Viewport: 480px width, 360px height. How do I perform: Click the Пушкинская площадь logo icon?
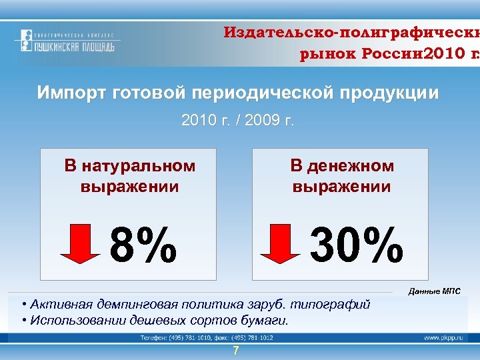[25, 41]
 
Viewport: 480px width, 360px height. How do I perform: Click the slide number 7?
[235, 351]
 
